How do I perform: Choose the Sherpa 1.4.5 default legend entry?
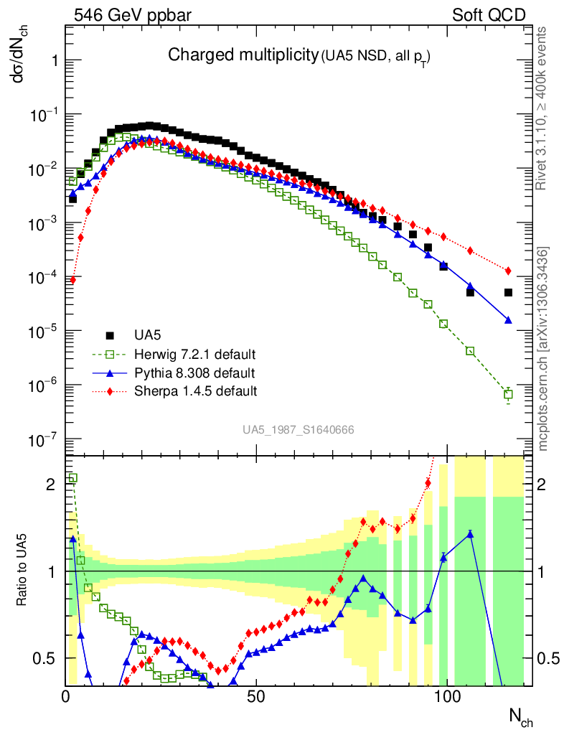tap(196, 391)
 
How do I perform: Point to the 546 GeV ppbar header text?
tap(123, 14)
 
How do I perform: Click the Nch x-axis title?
tap(521, 716)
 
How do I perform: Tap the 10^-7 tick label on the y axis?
tap(42, 440)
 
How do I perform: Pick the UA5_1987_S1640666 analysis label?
tap(298, 430)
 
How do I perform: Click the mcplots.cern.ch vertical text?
tap(544, 349)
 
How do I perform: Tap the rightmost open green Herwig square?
tap(508, 394)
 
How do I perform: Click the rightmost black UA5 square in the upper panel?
tap(508, 293)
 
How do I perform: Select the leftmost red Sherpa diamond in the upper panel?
tap(72, 280)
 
